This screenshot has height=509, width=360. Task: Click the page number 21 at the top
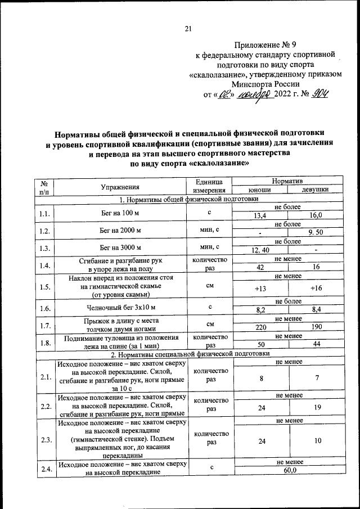coord(188,30)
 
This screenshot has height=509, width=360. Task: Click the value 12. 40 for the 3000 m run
coord(260,250)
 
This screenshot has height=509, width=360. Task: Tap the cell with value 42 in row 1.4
coord(260,268)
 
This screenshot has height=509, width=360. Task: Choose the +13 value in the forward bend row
coord(260,288)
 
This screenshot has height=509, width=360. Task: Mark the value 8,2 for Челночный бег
coord(260,310)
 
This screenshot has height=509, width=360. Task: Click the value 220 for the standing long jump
coord(260,327)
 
